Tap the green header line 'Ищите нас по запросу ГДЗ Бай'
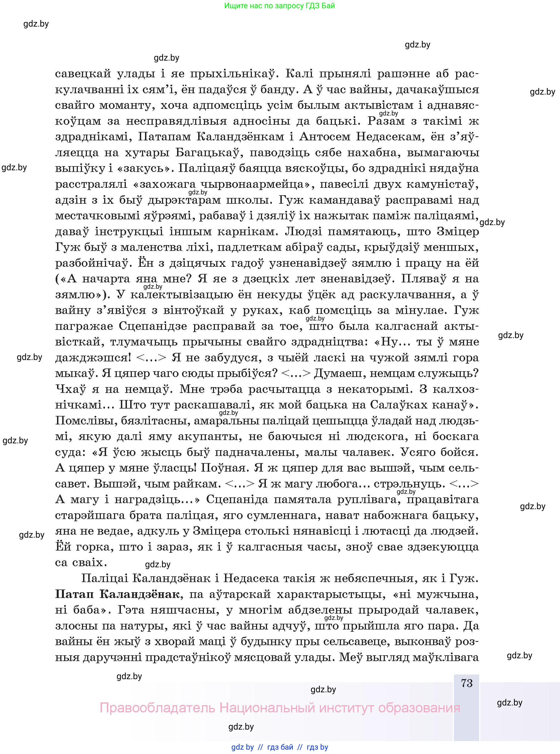[x=279, y=6]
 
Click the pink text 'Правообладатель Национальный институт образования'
[x=280, y=708]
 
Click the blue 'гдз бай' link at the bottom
[x=280, y=747]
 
